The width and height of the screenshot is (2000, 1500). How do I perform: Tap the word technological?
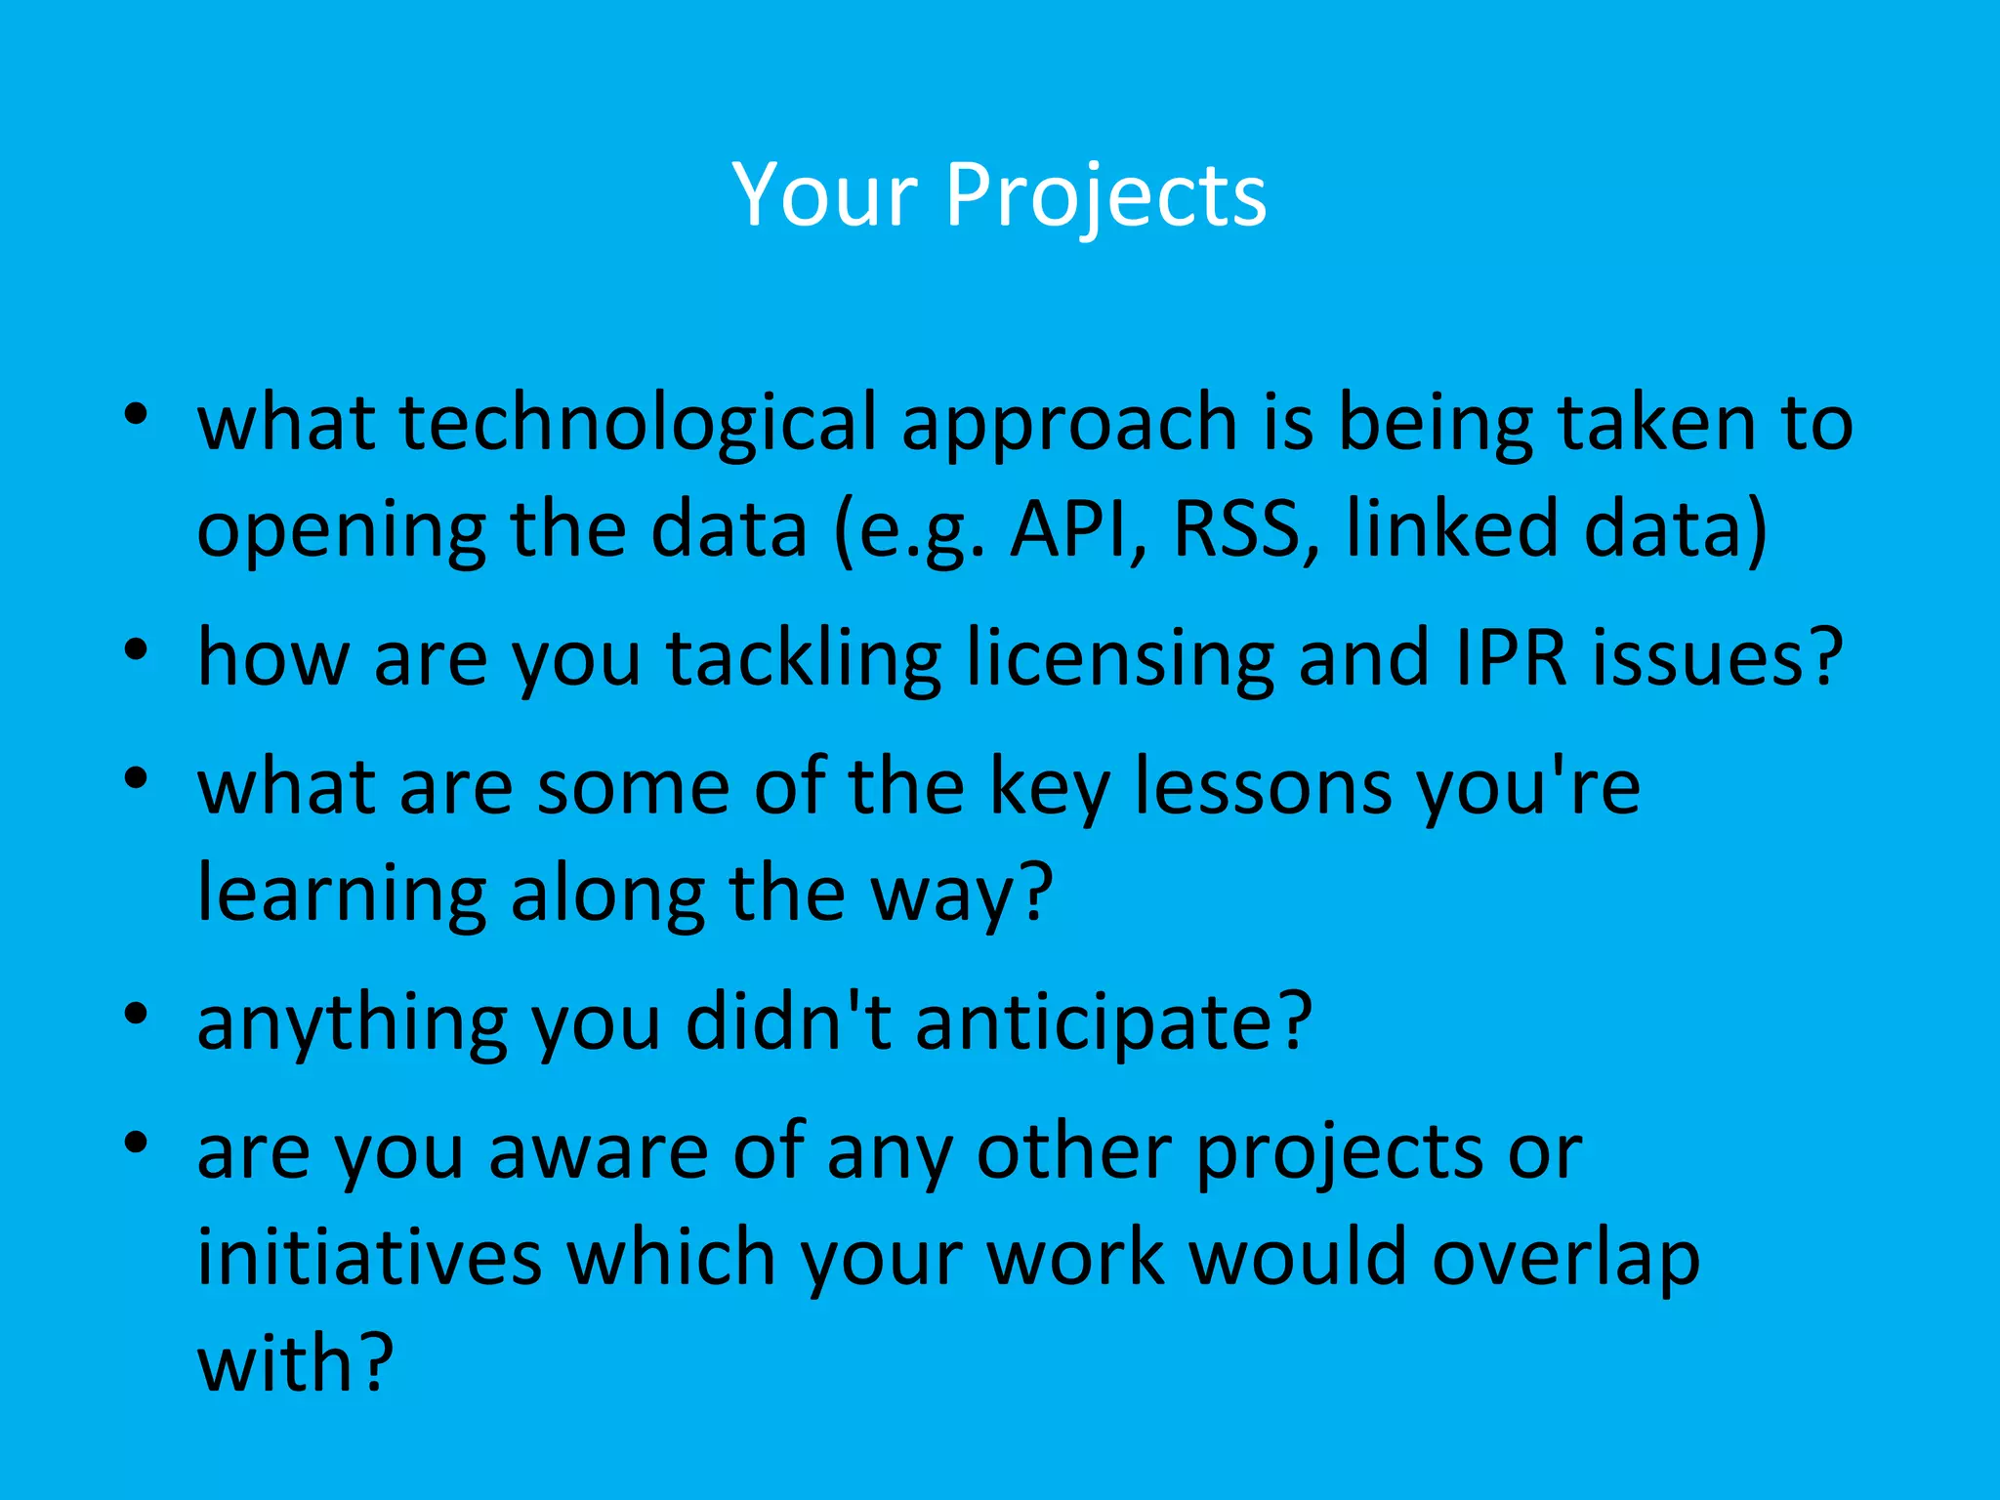pyautogui.click(x=638, y=422)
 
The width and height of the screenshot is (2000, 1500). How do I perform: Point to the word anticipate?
pyautogui.click(x=1113, y=1021)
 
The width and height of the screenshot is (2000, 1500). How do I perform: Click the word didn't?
pyautogui.click(x=788, y=1021)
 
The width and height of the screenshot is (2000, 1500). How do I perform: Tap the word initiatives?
pyautogui.click(x=369, y=1257)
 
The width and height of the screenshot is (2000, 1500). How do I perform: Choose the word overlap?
pyautogui.click(x=1565, y=1257)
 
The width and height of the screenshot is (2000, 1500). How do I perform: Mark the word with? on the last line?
pyautogui.click(x=295, y=1362)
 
